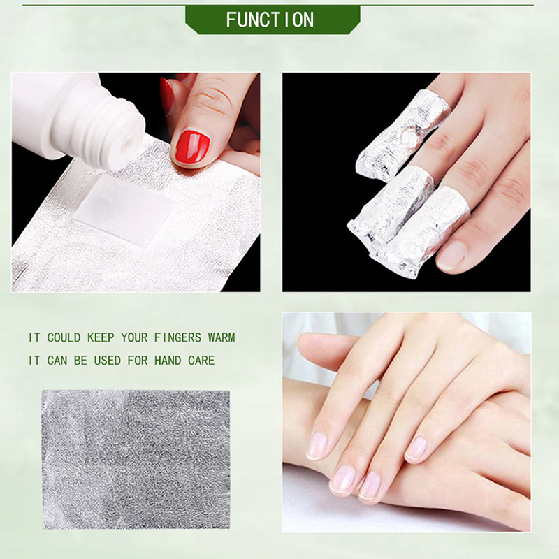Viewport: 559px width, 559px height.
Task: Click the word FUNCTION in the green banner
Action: click(270, 20)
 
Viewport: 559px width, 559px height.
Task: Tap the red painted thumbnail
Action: click(192, 146)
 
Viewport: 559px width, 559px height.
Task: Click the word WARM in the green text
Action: click(222, 337)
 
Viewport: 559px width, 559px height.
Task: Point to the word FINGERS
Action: click(178, 337)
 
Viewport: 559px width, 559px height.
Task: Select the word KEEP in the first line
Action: click(101, 337)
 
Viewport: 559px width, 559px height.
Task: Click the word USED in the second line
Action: click(108, 361)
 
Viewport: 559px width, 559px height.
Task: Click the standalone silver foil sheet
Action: click(136, 459)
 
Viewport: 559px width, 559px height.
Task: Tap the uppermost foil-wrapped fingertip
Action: click(403, 134)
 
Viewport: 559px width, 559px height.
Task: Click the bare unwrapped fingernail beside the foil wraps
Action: click(451, 255)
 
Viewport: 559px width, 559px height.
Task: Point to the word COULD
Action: click(64, 337)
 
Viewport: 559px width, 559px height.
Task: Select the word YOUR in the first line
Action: click(134, 337)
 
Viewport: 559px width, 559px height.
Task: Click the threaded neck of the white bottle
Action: click(114, 132)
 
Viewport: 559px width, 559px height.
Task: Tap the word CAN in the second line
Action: click(57, 361)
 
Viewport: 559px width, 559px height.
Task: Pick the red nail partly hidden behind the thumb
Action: click(167, 96)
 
